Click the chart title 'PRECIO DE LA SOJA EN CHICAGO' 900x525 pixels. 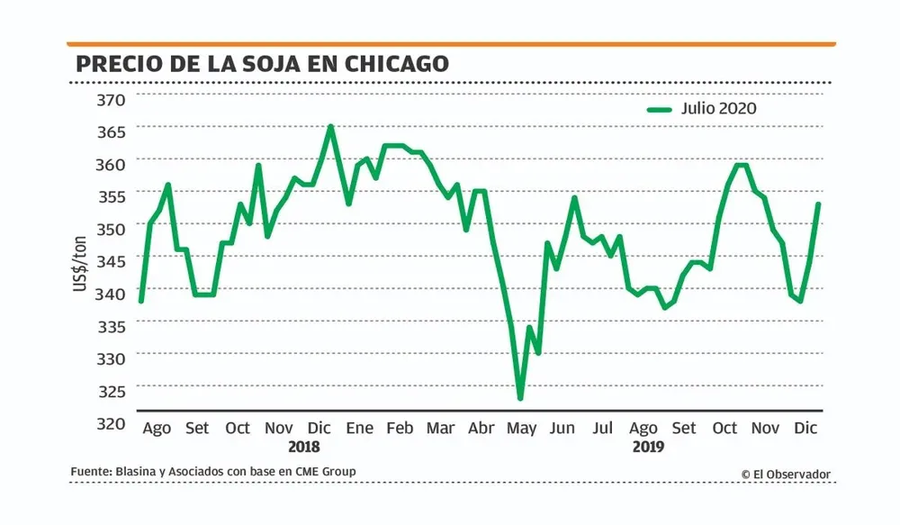point(262,63)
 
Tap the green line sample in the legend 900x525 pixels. point(660,109)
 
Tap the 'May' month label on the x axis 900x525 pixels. point(521,428)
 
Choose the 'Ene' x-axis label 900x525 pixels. point(360,428)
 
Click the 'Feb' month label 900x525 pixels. point(400,428)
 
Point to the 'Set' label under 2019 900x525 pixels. point(684,428)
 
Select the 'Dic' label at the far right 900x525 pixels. point(805,428)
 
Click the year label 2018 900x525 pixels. point(303,447)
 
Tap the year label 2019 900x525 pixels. point(647,447)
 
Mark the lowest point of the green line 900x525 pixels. point(520,398)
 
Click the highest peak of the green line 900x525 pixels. point(330,127)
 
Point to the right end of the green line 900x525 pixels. point(818,204)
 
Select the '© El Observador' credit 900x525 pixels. point(786,474)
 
